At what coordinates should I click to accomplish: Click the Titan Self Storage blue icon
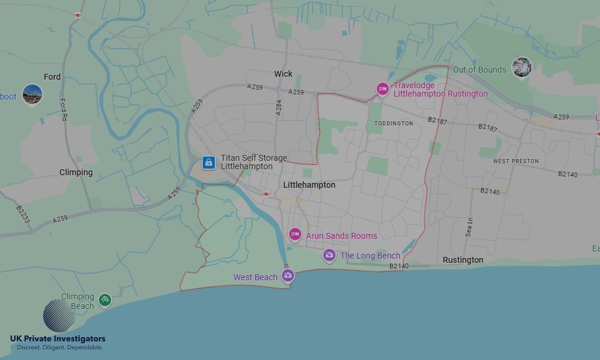coord(208,162)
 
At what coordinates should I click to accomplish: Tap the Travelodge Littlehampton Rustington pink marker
coord(382,89)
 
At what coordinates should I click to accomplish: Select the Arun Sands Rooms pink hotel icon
coord(295,235)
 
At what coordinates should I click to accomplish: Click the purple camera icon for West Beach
coord(288,275)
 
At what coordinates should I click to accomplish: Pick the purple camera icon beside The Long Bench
coord(329,256)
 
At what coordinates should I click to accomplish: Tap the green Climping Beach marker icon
coord(105,299)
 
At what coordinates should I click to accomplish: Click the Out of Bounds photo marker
coord(521,67)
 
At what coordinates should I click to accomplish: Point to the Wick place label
coord(283,74)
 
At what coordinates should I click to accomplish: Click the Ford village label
coord(52,77)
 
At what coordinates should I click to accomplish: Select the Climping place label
coord(76,172)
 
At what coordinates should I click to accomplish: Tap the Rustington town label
coord(463,260)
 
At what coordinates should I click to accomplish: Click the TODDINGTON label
coord(394,123)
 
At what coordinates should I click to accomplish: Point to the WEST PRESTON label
coord(516,161)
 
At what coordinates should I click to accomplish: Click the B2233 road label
coord(23,214)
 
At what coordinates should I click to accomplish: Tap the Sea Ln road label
coord(469,229)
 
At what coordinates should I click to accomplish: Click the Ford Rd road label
coord(63,110)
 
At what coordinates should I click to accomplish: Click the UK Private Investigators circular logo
coord(59,316)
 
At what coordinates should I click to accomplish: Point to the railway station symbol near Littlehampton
coord(265,194)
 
